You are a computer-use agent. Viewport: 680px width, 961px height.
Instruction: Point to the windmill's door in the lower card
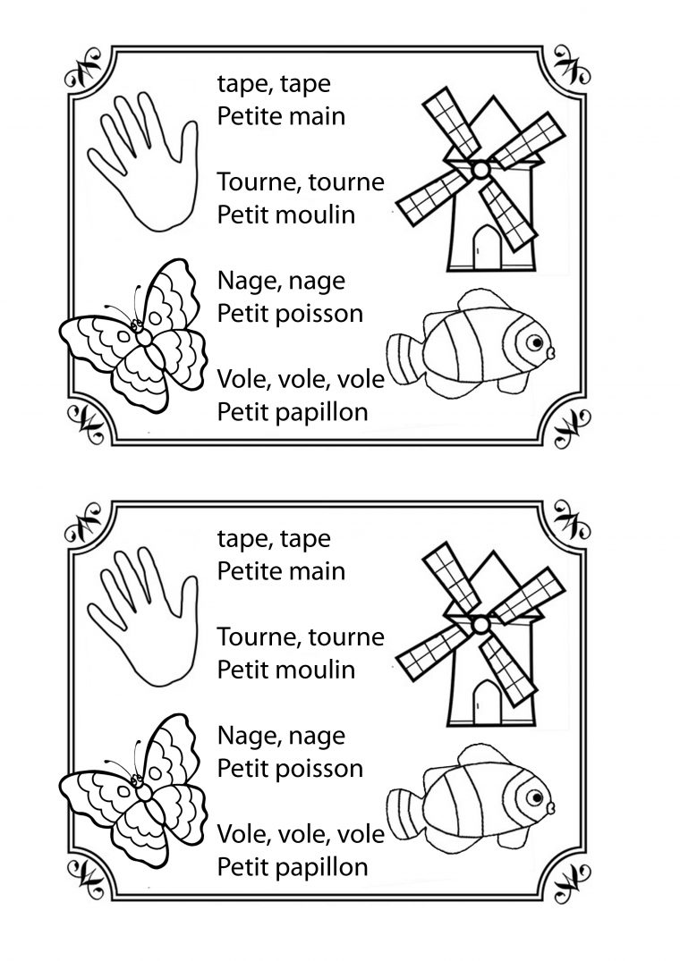488,702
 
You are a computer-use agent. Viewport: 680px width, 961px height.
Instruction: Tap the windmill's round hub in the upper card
481,169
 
